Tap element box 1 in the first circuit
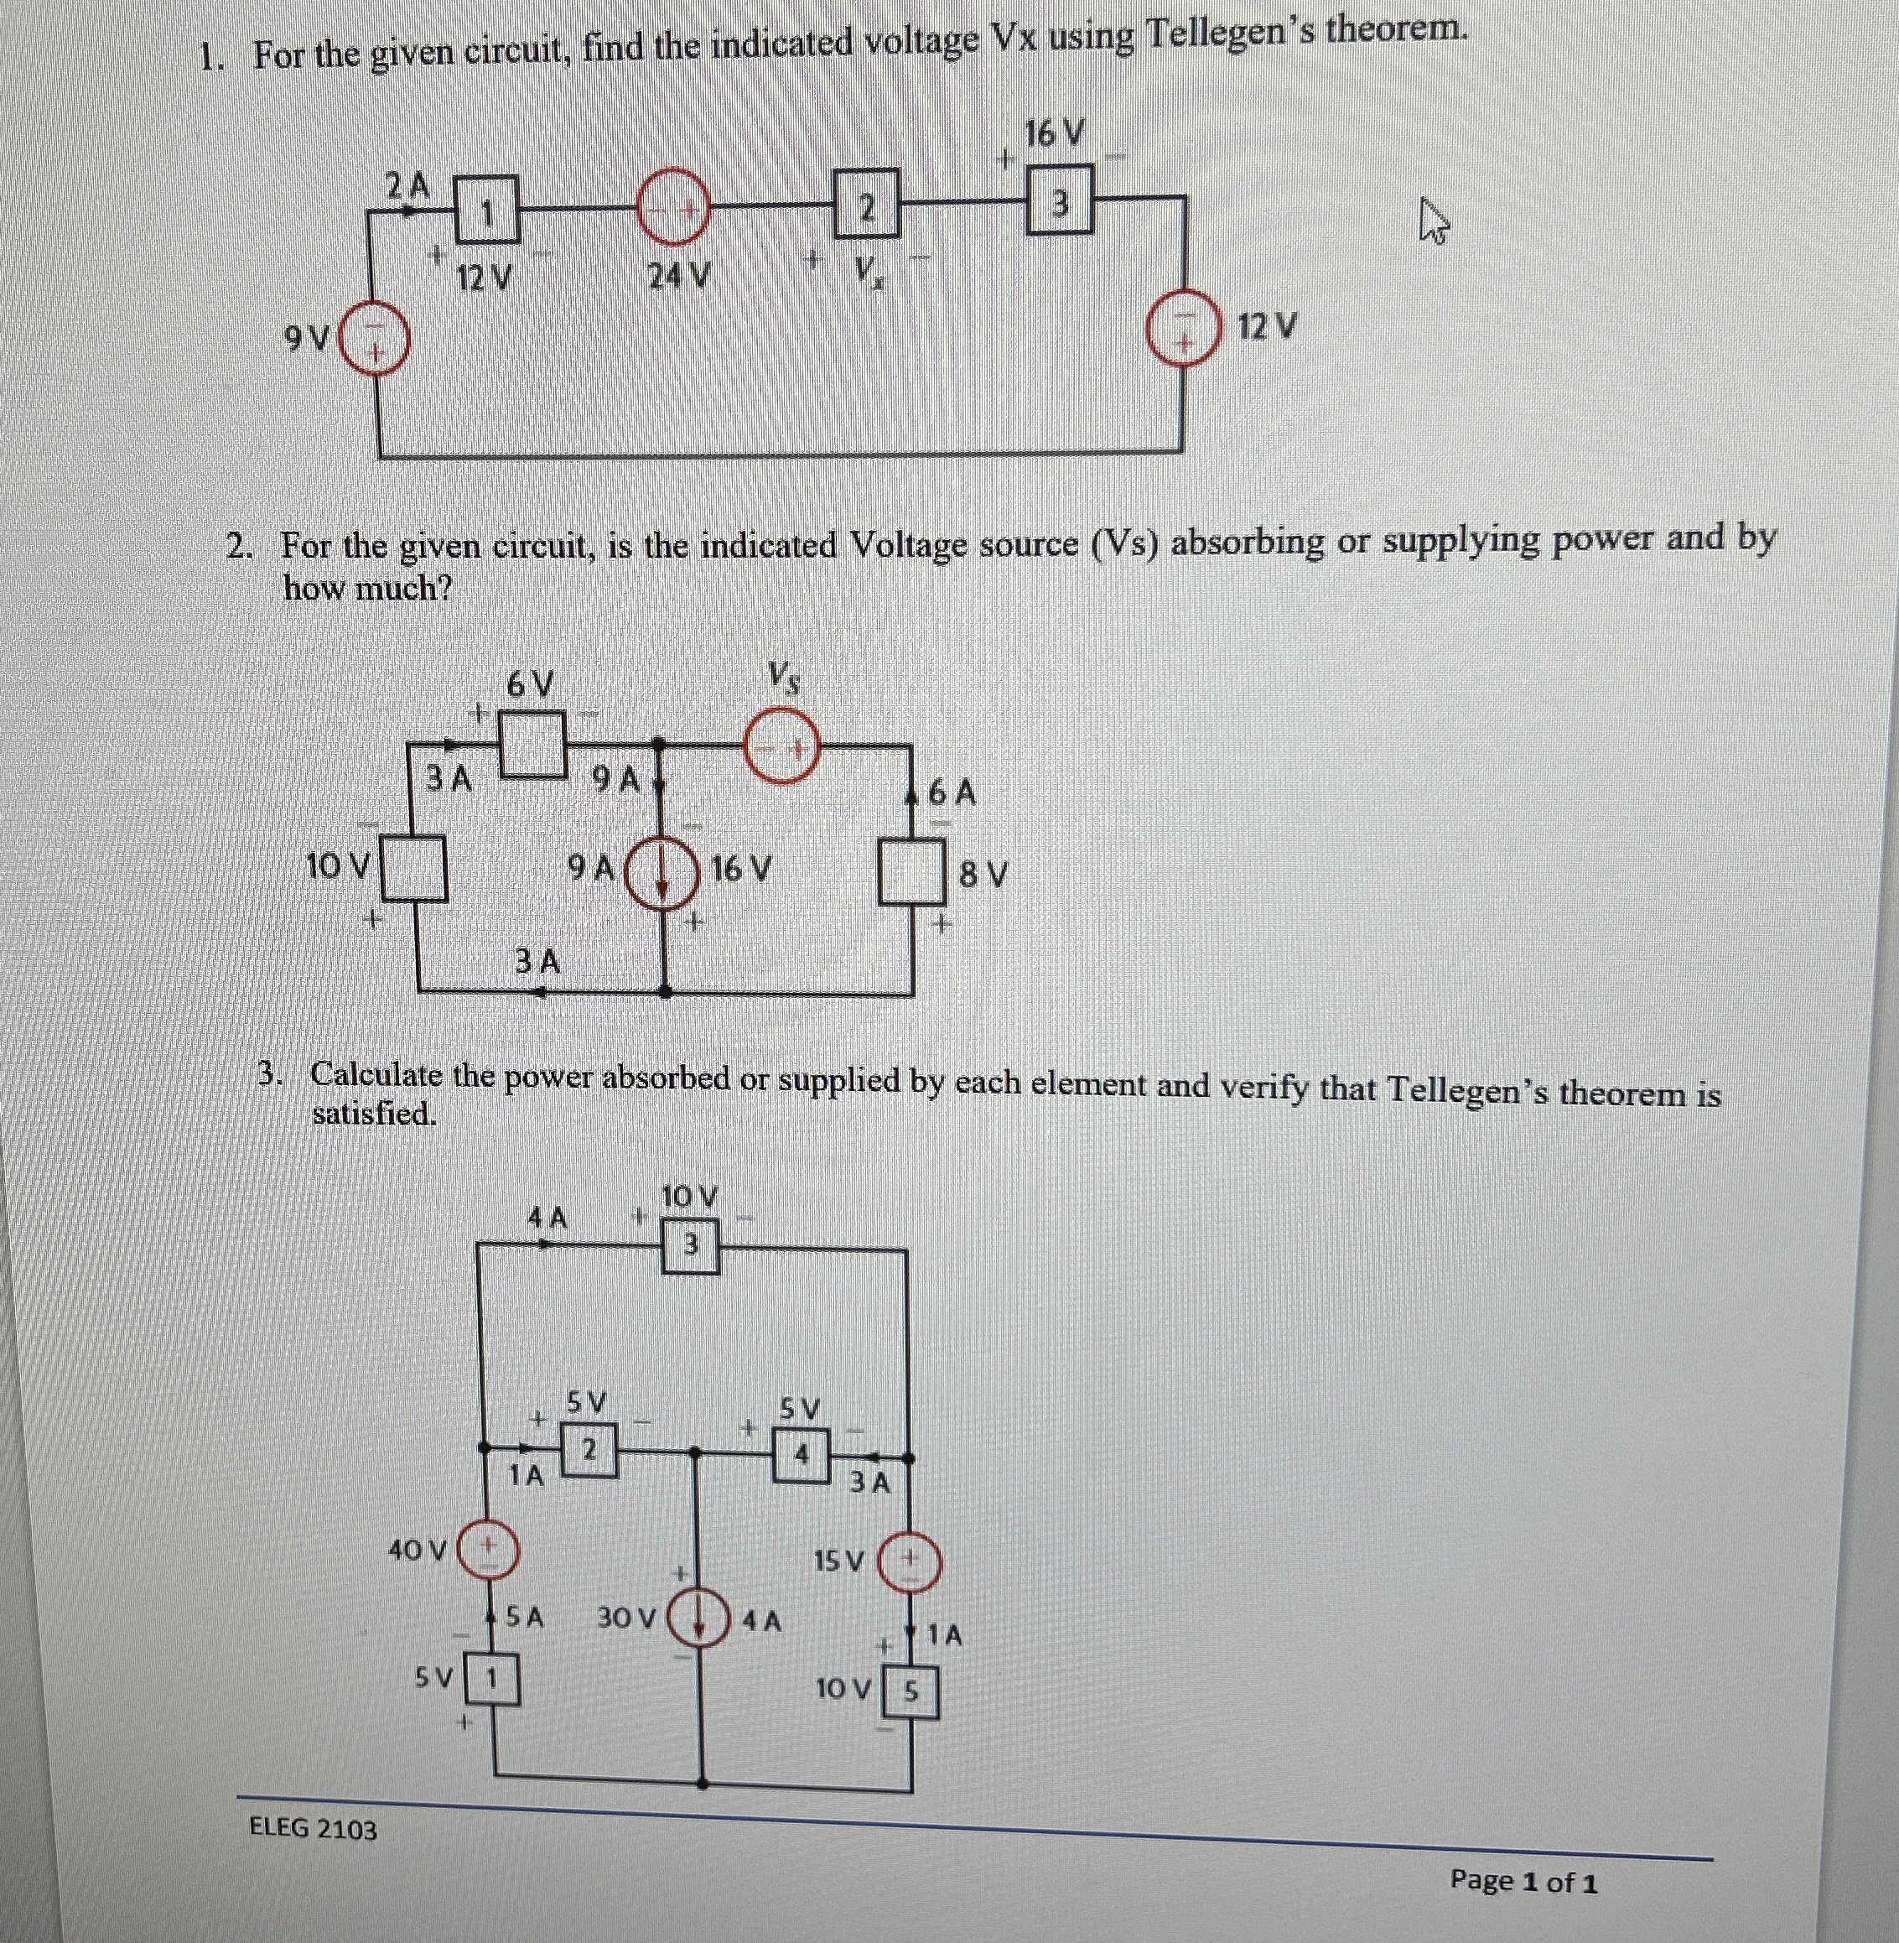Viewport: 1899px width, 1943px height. click(487, 209)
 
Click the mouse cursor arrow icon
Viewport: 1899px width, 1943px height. click(1433, 221)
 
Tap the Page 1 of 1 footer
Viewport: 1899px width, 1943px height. click(1523, 1881)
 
